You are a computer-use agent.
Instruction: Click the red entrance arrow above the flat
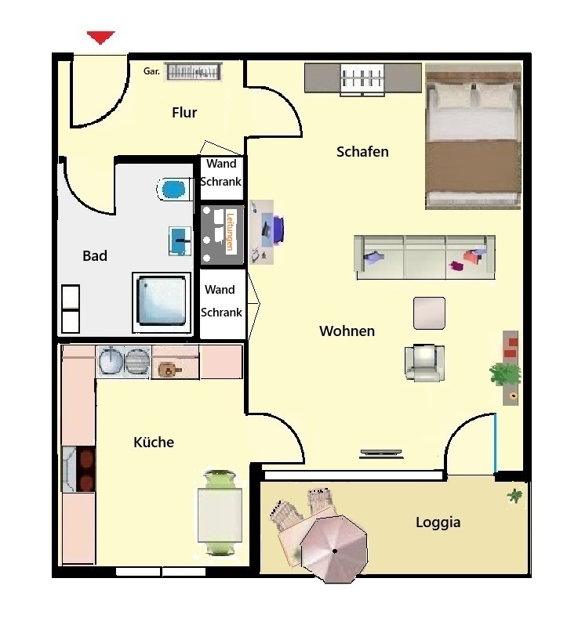tap(101, 38)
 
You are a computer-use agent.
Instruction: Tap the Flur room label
tap(184, 113)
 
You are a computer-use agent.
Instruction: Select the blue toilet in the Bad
tap(172, 190)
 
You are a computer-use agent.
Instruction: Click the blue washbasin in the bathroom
tap(180, 240)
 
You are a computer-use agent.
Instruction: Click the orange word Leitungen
tap(231, 231)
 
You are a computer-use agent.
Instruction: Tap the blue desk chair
tap(278, 229)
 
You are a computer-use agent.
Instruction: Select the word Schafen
tap(362, 152)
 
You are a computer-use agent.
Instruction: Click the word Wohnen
tap(347, 331)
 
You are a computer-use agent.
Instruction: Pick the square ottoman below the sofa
tap(429, 313)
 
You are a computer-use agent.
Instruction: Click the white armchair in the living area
tap(424, 363)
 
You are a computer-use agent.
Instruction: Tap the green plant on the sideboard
tap(504, 374)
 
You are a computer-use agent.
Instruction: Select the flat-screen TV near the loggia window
tap(381, 454)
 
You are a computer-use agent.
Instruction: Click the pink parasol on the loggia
tap(334, 549)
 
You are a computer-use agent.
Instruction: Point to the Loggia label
tap(438, 522)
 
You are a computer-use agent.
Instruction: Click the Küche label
tap(154, 443)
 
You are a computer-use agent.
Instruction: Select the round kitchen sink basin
tap(110, 361)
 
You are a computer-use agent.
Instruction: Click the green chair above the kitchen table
tap(220, 479)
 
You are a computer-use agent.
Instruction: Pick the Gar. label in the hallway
tap(151, 71)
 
